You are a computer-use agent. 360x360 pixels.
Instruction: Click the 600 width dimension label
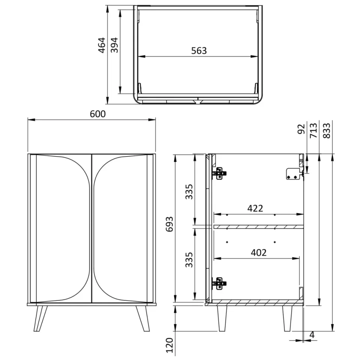97,114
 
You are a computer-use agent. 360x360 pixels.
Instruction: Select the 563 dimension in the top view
199,51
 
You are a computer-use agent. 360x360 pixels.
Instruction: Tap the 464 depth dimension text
102,45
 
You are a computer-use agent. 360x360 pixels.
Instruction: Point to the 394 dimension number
114,45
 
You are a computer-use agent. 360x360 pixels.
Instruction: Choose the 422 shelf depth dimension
255,208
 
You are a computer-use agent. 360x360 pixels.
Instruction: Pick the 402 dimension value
258,252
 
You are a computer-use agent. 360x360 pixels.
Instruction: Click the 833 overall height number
327,131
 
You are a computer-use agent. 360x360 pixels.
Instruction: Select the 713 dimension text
314,131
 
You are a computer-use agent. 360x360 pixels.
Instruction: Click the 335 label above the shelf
189,191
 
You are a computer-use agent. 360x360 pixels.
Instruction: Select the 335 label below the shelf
189,259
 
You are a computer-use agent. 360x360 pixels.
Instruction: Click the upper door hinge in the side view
219,173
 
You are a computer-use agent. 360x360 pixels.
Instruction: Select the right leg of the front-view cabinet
143,318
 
